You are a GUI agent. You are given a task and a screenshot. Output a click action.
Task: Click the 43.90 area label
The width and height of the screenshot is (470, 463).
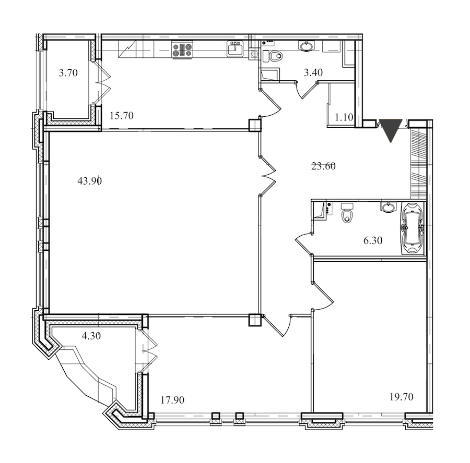point(90,181)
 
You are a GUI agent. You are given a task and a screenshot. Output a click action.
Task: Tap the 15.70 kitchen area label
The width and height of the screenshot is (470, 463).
point(121,116)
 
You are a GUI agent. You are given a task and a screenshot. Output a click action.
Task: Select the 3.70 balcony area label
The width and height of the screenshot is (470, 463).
point(68,72)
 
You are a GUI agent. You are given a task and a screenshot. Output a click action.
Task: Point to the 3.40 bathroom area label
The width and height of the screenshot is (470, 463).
point(313,72)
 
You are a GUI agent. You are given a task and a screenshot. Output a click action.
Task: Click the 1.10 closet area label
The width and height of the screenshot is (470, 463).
point(344,117)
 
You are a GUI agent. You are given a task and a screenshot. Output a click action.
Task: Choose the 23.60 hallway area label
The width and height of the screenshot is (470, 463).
point(323,166)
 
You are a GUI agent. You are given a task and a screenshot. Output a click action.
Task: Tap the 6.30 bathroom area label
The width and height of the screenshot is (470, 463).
point(373,240)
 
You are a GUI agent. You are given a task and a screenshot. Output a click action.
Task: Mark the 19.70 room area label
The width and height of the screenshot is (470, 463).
point(402,397)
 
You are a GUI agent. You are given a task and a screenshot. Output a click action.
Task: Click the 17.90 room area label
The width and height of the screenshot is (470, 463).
point(172,400)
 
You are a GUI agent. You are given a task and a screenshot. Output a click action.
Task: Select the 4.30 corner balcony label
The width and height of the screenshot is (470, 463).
point(91,336)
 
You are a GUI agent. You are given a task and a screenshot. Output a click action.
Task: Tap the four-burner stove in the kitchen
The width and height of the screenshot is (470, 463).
point(182,50)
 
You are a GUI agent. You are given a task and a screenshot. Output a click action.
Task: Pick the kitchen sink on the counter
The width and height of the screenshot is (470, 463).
point(236,48)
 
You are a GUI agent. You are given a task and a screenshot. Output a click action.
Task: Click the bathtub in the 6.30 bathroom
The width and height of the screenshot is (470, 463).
point(412,228)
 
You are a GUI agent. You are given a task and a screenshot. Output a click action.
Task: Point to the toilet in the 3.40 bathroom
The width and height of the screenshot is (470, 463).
point(273,56)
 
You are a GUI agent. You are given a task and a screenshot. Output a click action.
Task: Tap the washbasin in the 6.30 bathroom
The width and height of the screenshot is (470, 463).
point(389,207)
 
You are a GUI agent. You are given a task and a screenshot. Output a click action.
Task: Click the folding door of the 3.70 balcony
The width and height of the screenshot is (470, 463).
point(101,83)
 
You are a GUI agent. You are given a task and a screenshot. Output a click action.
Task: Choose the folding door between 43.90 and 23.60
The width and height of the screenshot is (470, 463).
point(267,176)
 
